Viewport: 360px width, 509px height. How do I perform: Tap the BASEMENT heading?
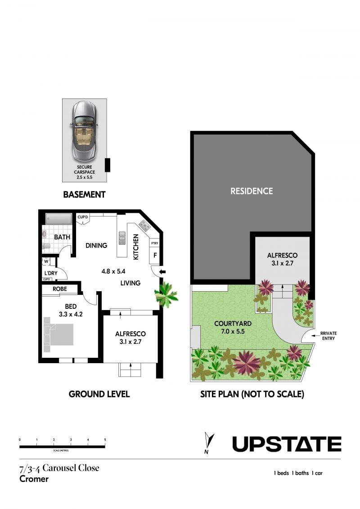85,194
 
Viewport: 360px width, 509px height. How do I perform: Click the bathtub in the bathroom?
58,219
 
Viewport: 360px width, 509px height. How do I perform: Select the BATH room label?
62,237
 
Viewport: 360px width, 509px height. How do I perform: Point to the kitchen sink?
122,238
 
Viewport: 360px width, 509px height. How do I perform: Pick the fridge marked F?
155,255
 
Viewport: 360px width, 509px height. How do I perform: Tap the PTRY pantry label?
154,243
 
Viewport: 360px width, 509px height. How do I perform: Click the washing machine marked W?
46,261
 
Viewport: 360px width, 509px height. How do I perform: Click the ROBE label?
60,288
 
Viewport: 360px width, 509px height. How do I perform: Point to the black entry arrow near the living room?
162,272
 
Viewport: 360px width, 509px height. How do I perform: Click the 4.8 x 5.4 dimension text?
113,271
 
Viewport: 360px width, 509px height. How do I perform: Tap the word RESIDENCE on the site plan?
252,191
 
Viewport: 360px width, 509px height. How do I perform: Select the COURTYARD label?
233,323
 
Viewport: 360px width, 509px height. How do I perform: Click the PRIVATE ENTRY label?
328,336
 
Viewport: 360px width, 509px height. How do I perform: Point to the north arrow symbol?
209,442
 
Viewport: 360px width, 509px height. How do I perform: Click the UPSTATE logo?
287,444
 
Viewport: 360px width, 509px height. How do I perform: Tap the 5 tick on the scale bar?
105,440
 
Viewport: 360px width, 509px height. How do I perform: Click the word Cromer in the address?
34,479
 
